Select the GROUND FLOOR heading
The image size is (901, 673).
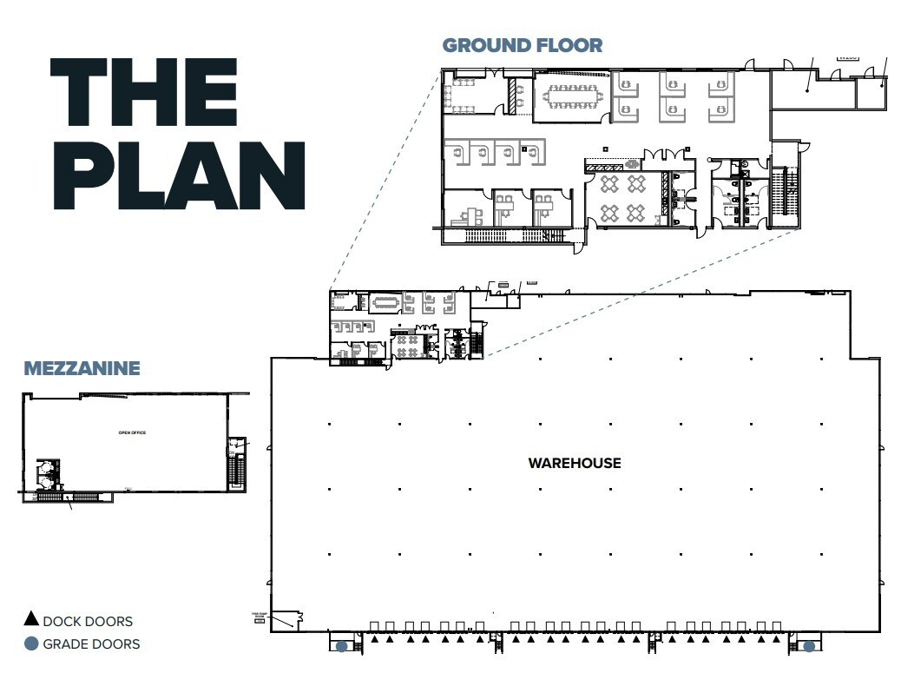tap(522, 45)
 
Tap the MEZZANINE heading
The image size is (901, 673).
tap(82, 368)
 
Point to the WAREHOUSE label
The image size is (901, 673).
tap(575, 464)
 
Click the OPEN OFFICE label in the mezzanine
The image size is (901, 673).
tap(132, 432)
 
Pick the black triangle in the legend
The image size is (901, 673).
tap(31, 620)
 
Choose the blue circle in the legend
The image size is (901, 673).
tap(31, 643)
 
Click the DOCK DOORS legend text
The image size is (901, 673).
tap(88, 621)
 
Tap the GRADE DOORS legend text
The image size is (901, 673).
tap(91, 644)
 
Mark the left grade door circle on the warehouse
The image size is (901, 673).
tap(342, 646)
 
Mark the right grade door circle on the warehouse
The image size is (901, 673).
tap(809, 646)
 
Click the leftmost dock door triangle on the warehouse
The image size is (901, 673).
tap(374, 639)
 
